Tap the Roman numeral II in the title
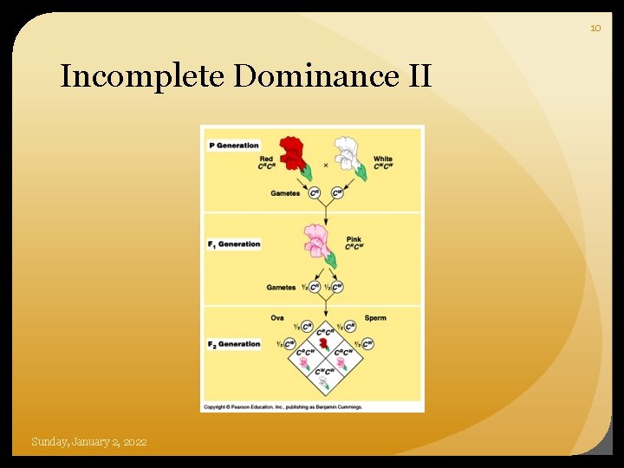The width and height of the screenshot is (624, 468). point(415,76)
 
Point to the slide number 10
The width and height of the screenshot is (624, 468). point(595,29)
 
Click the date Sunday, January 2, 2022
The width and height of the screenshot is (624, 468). point(89,442)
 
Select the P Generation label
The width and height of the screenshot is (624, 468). point(234,146)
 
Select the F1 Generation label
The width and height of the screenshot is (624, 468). point(234,244)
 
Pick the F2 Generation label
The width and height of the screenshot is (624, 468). point(234,344)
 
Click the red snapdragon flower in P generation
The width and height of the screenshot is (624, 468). point(295,153)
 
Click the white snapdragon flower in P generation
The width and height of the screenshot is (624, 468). point(348,154)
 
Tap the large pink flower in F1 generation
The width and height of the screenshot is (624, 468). point(316,240)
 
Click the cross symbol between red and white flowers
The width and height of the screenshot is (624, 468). point(325,165)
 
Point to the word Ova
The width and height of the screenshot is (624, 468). point(277,318)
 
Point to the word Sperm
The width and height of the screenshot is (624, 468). point(375,318)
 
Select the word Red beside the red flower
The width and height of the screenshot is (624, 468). point(266,159)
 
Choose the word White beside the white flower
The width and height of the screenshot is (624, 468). point(382,159)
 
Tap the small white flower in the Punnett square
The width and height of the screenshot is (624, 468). point(324,381)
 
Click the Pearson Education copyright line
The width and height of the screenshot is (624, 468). point(283,406)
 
